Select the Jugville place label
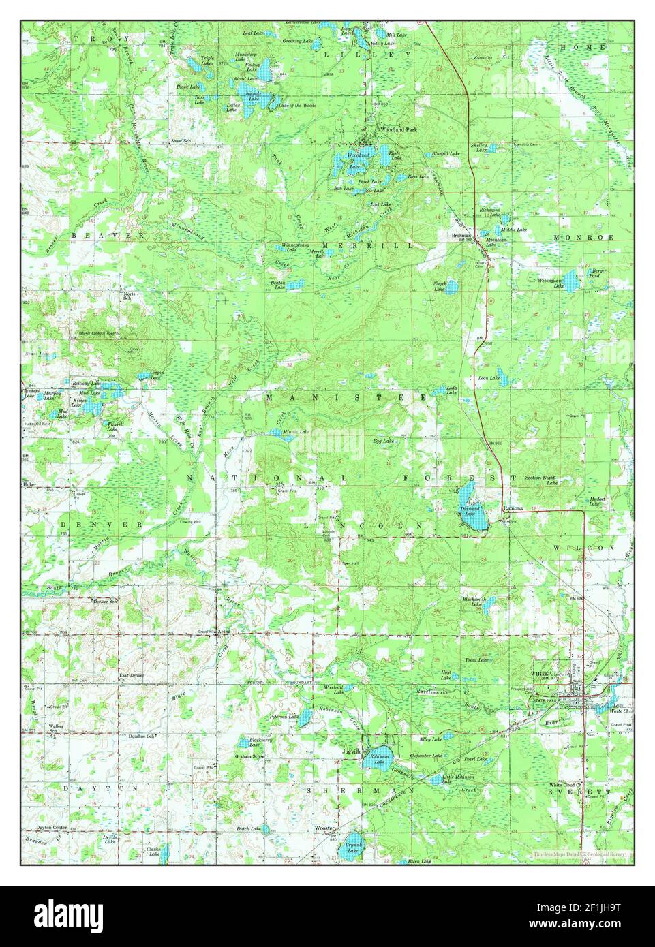pos(352,751)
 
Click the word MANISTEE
pos(348,397)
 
